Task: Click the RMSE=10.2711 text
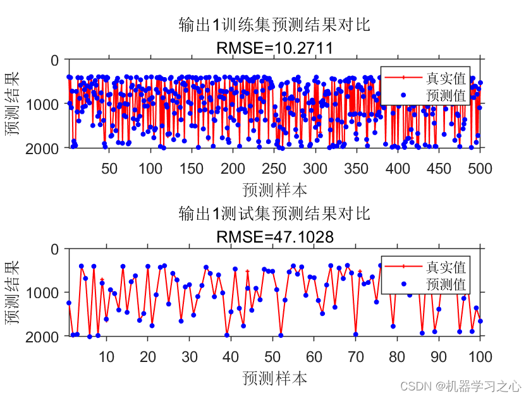(274, 48)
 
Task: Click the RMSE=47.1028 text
(274, 237)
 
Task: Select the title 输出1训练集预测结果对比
(274, 25)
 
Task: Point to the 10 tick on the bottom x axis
(106, 356)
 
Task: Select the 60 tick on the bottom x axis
(314, 356)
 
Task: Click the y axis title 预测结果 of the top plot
(13, 104)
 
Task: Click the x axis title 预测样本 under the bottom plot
(274, 378)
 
